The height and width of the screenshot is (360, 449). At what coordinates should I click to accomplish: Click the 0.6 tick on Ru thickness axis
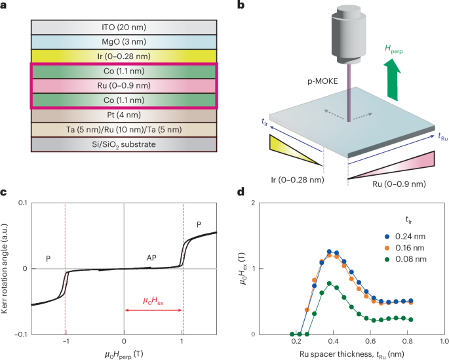point(370,342)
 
